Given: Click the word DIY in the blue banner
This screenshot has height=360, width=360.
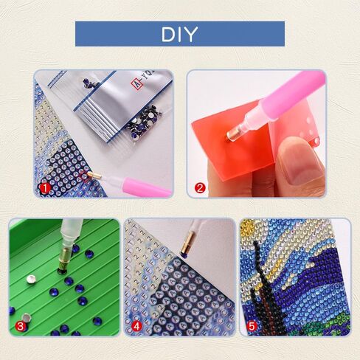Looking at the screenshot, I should click(179, 34).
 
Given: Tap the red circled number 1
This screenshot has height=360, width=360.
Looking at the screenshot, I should click(45, 188).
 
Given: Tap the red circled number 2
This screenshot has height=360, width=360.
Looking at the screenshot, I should click(198, 188).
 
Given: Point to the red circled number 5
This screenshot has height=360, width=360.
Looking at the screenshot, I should click(251, 325).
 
